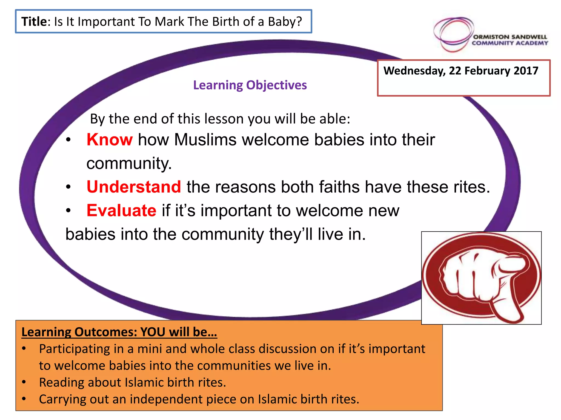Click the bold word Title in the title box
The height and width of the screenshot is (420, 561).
pos(34,22)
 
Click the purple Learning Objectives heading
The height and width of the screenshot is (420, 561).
pos(250,85)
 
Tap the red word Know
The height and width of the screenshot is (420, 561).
pos(110,140)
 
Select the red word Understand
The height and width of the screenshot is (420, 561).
pos(134,187)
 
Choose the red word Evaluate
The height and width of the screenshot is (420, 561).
pos(121,211)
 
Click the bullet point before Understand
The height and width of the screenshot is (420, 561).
pos(68,187)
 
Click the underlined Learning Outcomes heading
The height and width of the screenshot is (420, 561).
pos(119,332)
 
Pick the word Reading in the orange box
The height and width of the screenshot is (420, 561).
pos(61,383)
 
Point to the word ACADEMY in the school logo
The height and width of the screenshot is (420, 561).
pos(532,43)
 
